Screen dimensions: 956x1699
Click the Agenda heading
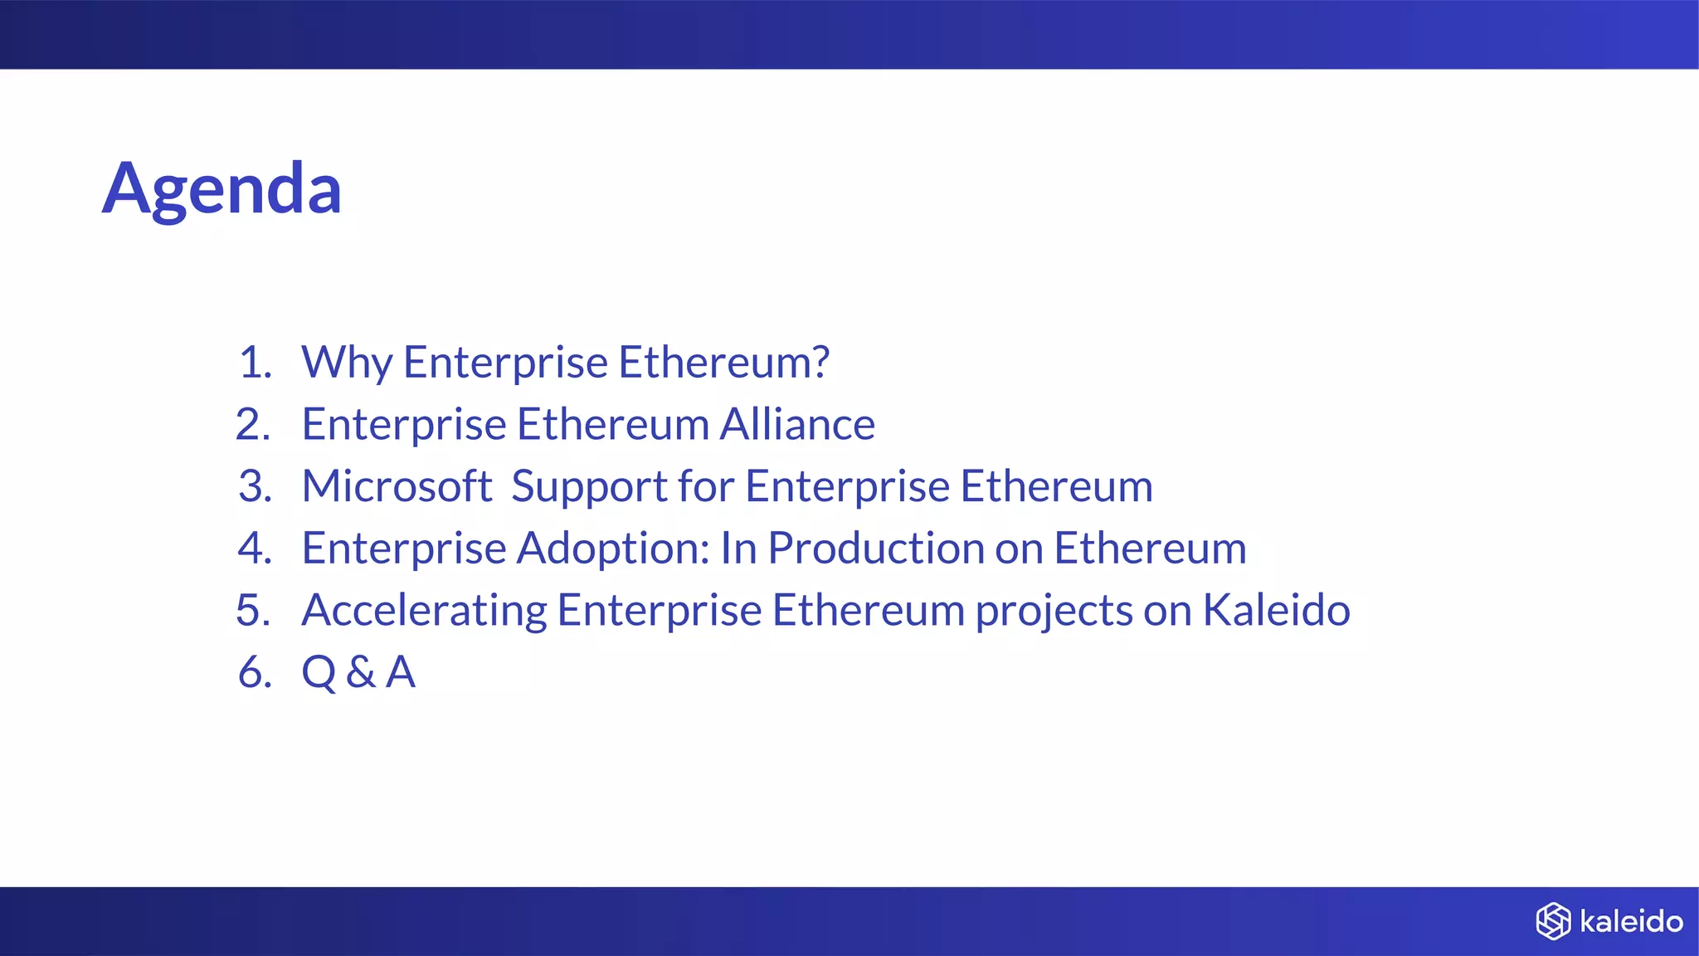[222, 189]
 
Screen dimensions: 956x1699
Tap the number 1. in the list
[255, 363]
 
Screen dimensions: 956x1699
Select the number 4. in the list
[255, 549]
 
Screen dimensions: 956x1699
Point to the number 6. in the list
[255, 672]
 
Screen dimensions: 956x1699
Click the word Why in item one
[347, 363]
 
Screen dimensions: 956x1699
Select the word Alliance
[796, 424]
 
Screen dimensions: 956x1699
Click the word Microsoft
[397, 486]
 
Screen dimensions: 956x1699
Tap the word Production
[875, 549]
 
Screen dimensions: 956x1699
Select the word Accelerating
[424, 612]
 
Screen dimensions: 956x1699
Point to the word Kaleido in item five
[1276, 610]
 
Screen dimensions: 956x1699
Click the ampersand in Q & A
[361, 672]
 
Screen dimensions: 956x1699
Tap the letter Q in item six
[319, 672]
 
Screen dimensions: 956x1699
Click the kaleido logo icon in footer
[1553, 921]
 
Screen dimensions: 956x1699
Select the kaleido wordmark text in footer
[1631, 921]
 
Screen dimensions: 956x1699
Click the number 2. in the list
[253, 425]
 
